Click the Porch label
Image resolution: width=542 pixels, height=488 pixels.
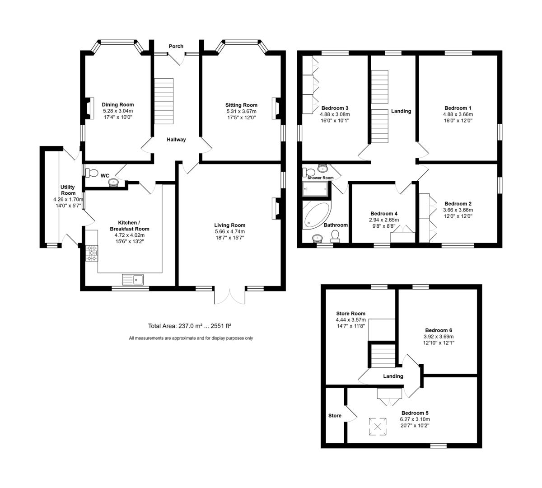[176, 46]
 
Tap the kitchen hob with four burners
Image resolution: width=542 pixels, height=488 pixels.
[92, 253]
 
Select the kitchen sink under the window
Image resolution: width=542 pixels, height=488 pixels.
[133, 280]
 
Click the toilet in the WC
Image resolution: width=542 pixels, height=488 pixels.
[92, 173]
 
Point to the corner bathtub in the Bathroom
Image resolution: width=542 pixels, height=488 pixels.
[316, 215]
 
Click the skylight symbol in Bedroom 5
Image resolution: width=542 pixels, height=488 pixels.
[378, 427]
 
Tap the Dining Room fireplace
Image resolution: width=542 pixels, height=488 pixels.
[89, 108]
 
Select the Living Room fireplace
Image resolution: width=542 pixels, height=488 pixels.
[276, 208]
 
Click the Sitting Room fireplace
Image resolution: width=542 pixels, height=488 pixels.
[276, 108]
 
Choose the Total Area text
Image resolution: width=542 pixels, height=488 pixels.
[189, 326]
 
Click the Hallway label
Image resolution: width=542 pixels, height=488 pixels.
[176, 140]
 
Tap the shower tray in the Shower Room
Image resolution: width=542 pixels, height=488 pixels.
[315, 189]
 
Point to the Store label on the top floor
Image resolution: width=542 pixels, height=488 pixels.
[335, 416]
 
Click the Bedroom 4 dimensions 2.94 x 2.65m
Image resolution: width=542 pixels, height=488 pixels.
[384, 220]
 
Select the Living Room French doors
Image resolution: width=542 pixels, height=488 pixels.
[229, 296]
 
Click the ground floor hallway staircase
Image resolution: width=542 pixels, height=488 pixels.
[164, 101]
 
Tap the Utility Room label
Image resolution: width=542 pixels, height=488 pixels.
[68, 190]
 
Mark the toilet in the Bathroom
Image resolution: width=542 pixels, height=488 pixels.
[335, 236]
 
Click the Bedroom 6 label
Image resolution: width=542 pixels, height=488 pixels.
[439, 330]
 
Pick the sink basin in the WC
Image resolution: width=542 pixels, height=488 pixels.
[113, 183]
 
